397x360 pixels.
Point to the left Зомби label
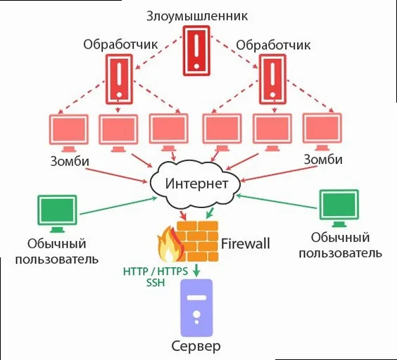[69, 160]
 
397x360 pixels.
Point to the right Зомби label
[323, 160]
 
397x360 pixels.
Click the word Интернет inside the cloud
[197, 184]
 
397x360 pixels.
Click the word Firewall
[246, 245]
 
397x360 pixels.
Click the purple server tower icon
[197, 308]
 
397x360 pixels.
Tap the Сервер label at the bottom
[196, 347]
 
